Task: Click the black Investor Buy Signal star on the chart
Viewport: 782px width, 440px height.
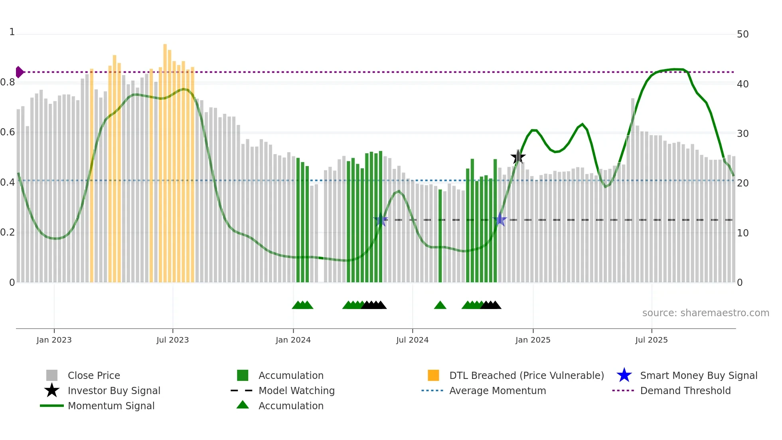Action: coord(518,157)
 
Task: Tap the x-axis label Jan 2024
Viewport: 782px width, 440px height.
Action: coord(293,340)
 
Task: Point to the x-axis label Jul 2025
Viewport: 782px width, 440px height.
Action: coord(651,340)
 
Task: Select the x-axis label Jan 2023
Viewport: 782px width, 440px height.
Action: coord(54,340)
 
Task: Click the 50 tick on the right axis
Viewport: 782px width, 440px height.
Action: coord(743,34)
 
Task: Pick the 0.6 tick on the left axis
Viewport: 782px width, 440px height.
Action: coord(8,132)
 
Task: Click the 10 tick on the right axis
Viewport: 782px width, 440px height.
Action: coord(743,233)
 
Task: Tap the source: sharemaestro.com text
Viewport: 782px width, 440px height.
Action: coord(705,313)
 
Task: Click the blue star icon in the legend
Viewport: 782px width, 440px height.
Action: coord(624,375)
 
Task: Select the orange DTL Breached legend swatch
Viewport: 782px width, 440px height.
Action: coord(433,375)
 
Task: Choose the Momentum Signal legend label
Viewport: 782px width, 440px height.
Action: coord(111,406)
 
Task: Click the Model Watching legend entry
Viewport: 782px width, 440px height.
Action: coord(296,390)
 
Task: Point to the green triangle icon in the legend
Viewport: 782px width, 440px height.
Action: coord(243,405)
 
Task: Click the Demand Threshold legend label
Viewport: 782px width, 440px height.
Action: coord(685,390)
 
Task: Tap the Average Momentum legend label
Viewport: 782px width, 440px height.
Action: coord(498,390)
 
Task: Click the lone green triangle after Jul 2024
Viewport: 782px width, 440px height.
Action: coord(440,305)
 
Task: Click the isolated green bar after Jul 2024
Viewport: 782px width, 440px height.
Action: coord(440,236)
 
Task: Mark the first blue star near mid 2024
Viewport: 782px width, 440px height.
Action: coord(381,220)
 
